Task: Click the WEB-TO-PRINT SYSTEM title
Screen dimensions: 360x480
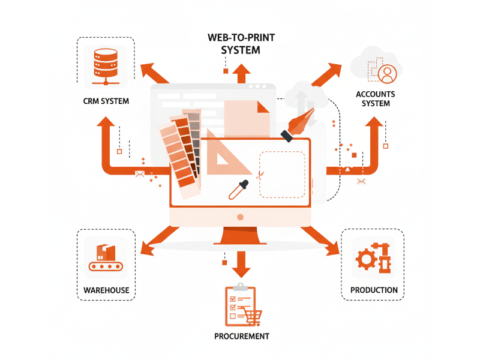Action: pyautogui.click(x=241, y=44)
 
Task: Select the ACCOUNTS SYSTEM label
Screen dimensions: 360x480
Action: pyautogui.click(x=376, y=99)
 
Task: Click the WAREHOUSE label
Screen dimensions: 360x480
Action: pyautogui.click(x=106, y=290)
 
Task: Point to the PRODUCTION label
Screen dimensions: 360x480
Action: pyautogui.click(x=374, y=290)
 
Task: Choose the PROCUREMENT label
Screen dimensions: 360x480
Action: pyautogui.click(x=241, y=336)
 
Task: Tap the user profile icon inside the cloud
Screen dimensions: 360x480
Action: pyautogui.click(x=388, y=74)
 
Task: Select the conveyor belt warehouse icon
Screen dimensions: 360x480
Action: pyautogui.click(x=106, y=258)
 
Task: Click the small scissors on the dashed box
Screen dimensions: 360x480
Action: pyautogui.click(x=260, y=175)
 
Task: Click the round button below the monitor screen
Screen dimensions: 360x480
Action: pyautogui.click(x=241, y=217)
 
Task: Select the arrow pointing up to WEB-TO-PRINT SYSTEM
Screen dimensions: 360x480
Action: pyautogui.click(x=242, y=73)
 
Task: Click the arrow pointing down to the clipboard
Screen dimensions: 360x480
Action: pyautogui.click(x=241, y=263)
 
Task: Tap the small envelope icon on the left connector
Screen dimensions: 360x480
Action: pyautogui.click(x=140, y=174)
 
